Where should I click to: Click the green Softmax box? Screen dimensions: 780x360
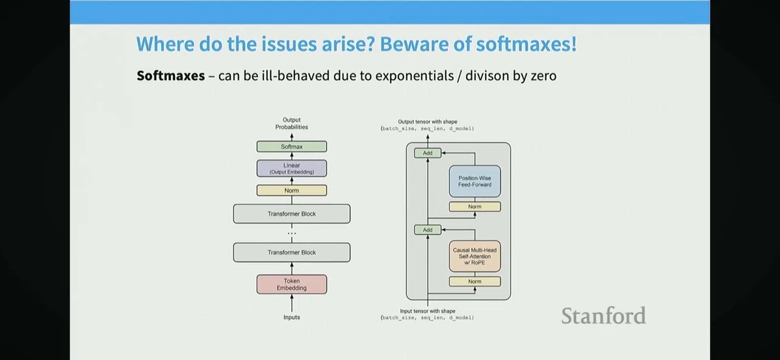(292, 147)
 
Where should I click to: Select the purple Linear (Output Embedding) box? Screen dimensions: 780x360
(292, 168)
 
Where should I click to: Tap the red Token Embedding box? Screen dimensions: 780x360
(292, 284)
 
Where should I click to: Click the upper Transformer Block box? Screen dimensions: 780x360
(292, 214)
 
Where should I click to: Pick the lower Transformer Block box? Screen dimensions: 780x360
(292, 252)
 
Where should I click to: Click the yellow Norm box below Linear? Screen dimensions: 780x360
(292, 190)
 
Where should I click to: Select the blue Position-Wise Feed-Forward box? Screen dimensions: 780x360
(474, 181)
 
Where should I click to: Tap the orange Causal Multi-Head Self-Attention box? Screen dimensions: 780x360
(474, 256)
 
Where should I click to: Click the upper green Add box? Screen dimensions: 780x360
(428, 153)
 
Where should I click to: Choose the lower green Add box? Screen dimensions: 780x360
(428, 230)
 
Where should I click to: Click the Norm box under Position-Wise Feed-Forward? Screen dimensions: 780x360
(474, 207)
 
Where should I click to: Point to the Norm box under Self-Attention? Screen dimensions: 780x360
(474, 281)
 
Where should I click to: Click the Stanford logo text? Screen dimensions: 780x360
(603, 315)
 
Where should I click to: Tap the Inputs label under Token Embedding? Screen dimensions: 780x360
(292, 317)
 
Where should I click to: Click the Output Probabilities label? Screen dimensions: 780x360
(292, 123)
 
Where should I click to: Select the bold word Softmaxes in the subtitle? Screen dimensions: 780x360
(170, 75)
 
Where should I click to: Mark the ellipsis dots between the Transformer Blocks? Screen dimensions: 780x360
(292, 233)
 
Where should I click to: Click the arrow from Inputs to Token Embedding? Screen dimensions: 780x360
(292, 303)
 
